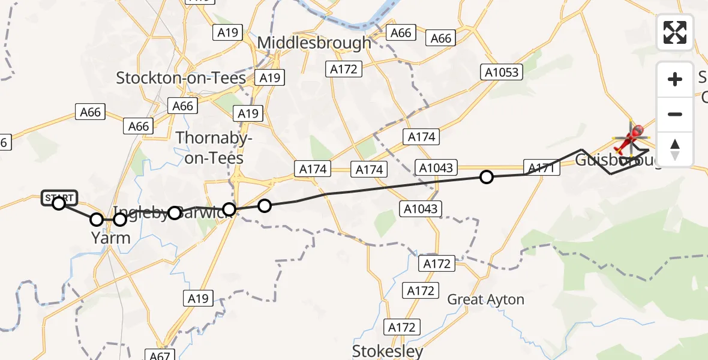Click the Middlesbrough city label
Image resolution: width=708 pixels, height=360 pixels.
(x=314, y=43)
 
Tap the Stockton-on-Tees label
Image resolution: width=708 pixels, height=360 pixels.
(x=181, y=78)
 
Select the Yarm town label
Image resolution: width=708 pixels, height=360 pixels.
(x=111, y=238)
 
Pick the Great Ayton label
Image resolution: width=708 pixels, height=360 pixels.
(x=486, y=299)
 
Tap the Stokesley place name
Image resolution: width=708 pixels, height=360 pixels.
(x=388, y=350)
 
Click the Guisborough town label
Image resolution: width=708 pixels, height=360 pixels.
(x=618, y=161)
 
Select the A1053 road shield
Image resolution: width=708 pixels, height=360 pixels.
(x=502, y=73)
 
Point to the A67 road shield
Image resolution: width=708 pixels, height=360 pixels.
(x=160, y=356)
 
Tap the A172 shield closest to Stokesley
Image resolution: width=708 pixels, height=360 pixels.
(x=401, y=328)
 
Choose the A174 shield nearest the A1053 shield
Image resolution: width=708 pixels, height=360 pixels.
(x=421, y=137)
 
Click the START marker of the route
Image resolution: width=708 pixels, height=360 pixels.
(x=59, y=198)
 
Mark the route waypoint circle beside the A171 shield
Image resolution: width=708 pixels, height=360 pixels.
(x=487, y=176)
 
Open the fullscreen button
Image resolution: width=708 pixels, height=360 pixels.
(x=675, y=32)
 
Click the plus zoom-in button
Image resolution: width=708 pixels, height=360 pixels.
(x=675, y=79)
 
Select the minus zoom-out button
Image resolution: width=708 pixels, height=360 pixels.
(x=675, y=114)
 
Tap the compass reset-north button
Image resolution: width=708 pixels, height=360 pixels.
(x=675, y=149)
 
